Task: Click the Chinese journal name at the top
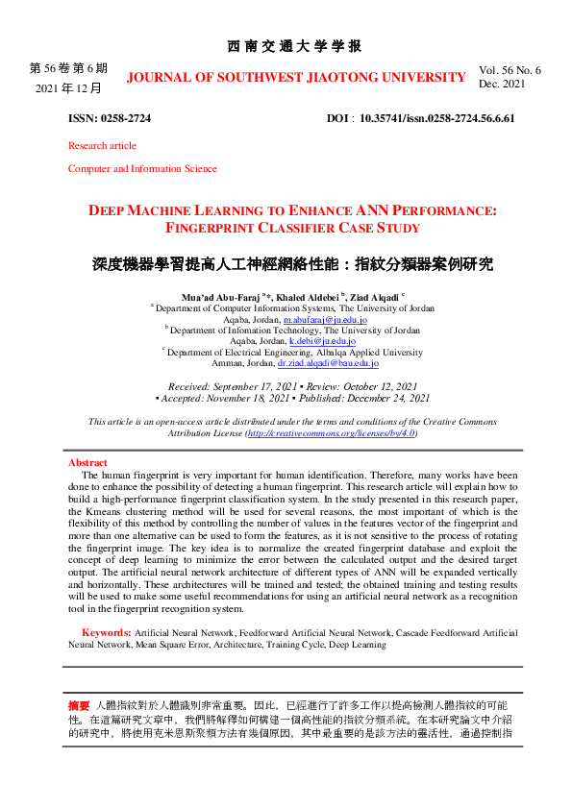coord(294,46)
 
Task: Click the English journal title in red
coord(296,77)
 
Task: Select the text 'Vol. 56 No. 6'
coord(510,70)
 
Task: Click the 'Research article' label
coord(102,146)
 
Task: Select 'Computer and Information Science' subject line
coord(142,169)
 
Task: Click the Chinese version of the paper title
coord(292,262)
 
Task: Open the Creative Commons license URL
coord(332,433)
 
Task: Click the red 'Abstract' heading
coord(87,463)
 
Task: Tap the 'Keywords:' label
coord(107,633)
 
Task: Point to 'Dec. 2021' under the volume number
coord(501,85)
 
